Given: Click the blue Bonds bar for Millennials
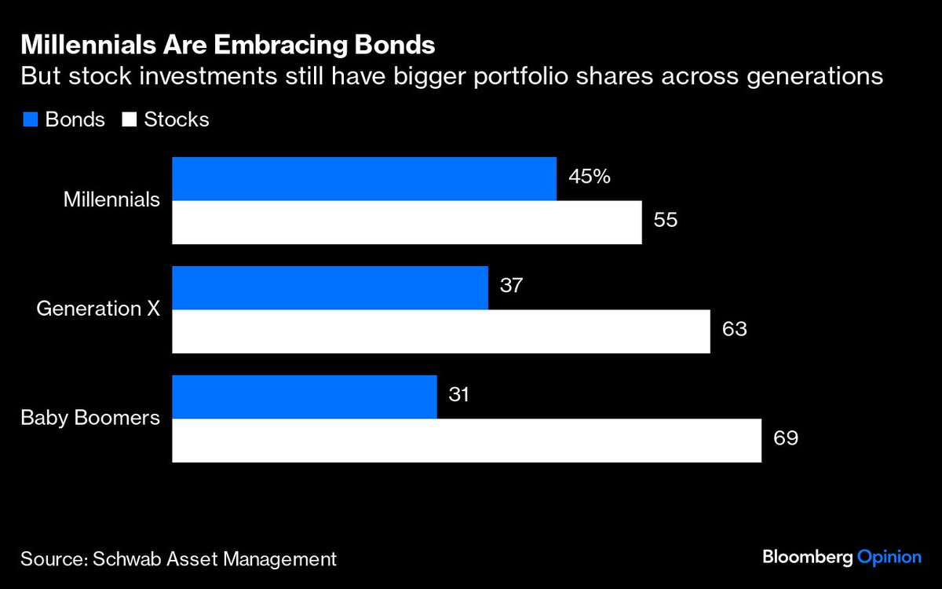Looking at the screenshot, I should tap(364, 178).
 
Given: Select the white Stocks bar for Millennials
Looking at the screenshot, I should tap(407, 222).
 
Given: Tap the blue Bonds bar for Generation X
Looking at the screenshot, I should tap(330, 287).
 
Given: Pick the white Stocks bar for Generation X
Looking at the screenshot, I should tap(441, 331).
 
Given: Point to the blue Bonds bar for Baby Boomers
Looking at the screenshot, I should tap(305, 397).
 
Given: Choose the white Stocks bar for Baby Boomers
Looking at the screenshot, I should tap(466, 441).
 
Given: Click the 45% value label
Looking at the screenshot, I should tap(590, 176).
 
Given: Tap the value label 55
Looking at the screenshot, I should tap(665, 219).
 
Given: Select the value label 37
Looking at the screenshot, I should tap(511, 285).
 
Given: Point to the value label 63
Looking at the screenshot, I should tap(734, 328).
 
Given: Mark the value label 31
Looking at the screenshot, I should tap(458, 394).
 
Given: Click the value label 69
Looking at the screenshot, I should tap(786, 437).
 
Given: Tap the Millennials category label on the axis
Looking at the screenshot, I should tap(111, 200).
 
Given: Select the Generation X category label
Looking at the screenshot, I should tap(99, 309).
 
